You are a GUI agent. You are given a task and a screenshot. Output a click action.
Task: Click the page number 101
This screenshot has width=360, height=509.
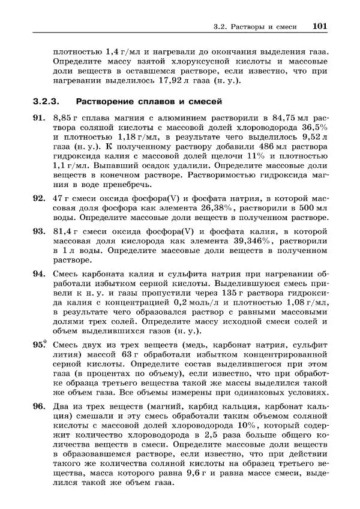coord(319,26)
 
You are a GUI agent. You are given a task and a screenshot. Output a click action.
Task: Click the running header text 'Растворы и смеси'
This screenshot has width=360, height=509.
coord(268,27)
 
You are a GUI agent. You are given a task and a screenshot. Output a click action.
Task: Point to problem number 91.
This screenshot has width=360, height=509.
coord(39,118)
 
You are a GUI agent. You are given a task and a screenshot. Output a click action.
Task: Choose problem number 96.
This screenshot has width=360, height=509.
coord(39,407)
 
